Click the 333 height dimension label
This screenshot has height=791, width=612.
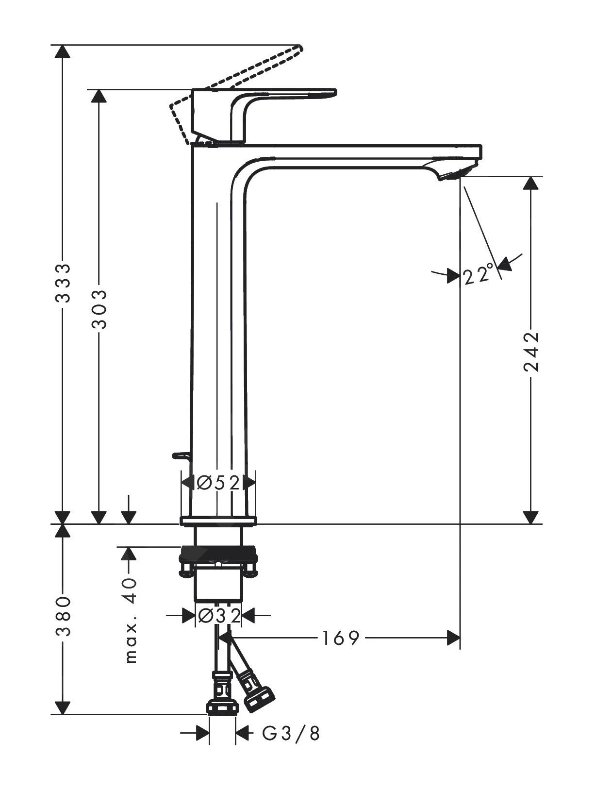63,283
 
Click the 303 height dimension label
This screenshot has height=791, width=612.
99,309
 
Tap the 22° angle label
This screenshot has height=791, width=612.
478,275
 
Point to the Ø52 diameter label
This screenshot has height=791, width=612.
218,483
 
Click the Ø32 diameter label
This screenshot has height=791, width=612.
219,616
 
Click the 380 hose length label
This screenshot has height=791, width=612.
63,616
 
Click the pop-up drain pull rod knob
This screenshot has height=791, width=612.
180,455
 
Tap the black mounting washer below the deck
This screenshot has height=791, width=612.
218,553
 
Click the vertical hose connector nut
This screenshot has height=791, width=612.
222,707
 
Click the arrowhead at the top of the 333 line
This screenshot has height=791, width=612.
62,51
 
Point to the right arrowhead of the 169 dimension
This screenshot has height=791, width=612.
453,638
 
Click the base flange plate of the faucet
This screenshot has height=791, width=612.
218,522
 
